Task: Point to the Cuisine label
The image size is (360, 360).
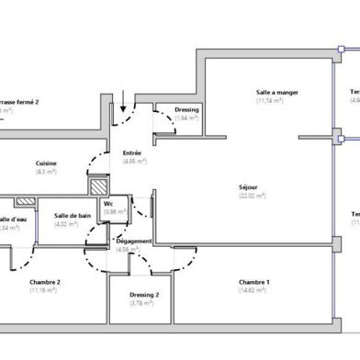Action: click(46, 163)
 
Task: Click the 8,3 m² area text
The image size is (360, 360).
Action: click(46, 172)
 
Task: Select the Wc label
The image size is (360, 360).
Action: click(108, 203)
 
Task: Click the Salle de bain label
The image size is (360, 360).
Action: click(72, 215)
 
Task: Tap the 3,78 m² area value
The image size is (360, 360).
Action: click(142, 303)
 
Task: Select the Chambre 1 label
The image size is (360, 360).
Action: click(253, 282)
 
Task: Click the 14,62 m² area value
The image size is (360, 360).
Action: click(253, 291)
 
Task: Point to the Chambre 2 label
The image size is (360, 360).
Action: click(44, 282)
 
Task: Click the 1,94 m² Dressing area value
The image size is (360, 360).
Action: click(186, 119)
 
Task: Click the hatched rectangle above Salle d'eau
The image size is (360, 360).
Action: click(25, 199)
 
